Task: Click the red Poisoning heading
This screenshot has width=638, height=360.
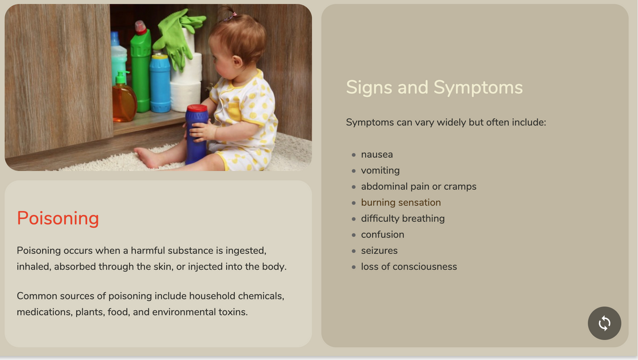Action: [58, 219]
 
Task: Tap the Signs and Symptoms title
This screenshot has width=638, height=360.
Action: [434, 87]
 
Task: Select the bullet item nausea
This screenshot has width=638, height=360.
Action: [377, 155]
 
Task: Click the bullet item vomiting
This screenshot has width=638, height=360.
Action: [380, 171]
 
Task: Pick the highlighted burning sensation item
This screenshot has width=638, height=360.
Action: [401, 202]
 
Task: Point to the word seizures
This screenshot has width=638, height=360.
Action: [379, 251]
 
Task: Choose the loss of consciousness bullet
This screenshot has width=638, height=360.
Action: [409, 266]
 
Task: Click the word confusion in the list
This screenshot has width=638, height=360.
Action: [383, 235]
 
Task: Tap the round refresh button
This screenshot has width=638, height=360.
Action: [604, 323]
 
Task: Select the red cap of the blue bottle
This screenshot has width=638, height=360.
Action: [197, 108]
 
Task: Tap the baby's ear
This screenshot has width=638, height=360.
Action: [236, 60]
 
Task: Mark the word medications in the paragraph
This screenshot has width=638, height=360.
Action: [45, 312]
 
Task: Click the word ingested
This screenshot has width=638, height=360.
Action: [246, 251]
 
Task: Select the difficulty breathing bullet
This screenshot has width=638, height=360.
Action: [403, 219]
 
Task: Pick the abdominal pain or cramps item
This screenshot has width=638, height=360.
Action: [419, 187]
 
